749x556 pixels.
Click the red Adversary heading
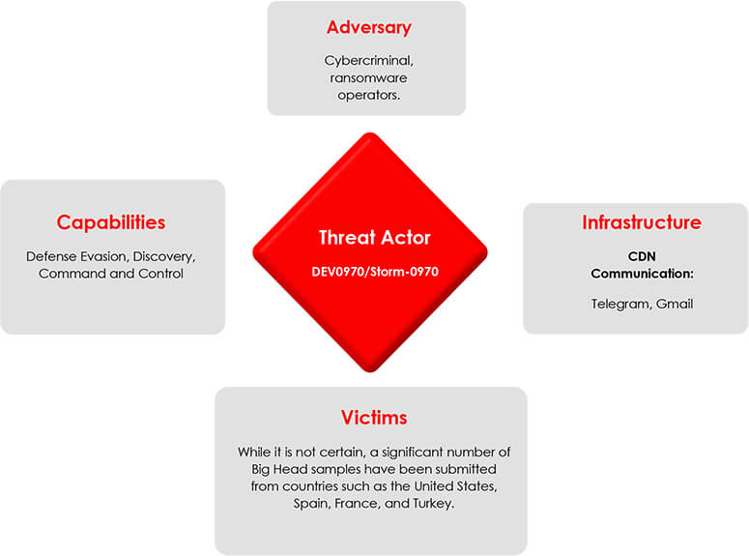coord(369,28)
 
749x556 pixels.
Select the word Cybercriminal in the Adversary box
coord(367,61)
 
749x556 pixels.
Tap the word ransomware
coord(368,78)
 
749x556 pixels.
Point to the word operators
coord(368,96)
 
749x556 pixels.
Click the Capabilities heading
coord(111,222)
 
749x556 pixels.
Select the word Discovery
coord(163,257)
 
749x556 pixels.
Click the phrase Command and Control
coord(111,274)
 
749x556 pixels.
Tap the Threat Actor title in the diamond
coord(375,238)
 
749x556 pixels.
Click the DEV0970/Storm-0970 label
coord(375,272)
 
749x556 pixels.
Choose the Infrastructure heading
coord(642,222)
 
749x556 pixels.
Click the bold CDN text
coord(642,256)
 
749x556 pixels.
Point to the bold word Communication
coord(641,274)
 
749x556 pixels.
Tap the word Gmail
coord(674,304)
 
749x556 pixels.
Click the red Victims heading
coord(374,418)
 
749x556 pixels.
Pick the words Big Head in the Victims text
coord(279,470)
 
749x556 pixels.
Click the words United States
coord(454,486)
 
